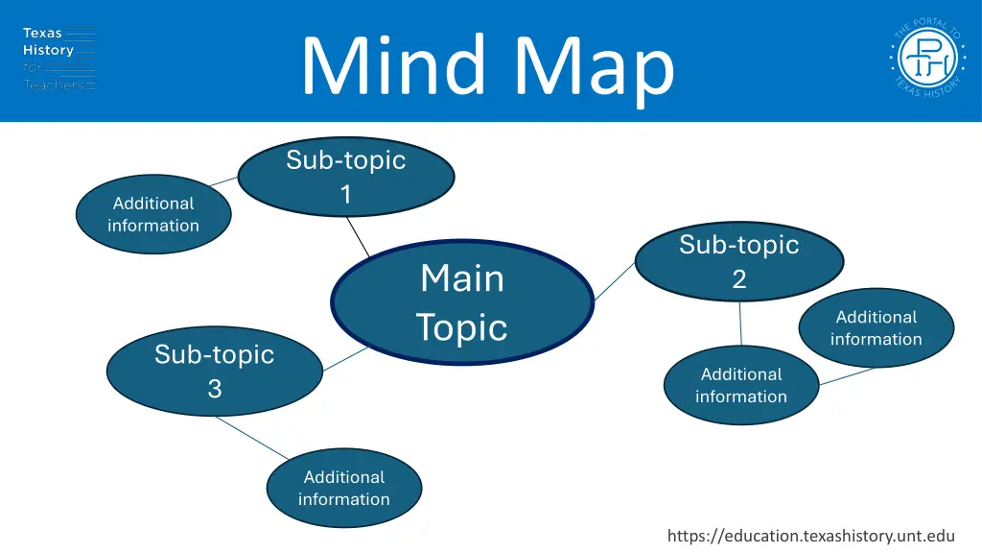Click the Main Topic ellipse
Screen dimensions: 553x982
[x=462, y=301]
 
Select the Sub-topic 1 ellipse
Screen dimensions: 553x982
[x=345, y=177]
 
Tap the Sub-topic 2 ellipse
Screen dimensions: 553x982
[x=738, y=261]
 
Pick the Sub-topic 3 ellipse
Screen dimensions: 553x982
[x=214, y=371]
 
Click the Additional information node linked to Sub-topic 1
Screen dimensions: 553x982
[x=152, y=214]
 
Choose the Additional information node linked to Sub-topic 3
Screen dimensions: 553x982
[x=343, y=488]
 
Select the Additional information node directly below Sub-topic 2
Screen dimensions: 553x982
[x=740, y=385]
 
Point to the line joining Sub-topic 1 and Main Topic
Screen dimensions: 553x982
[x=357, y=236]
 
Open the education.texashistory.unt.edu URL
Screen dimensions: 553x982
[x=810, y=537]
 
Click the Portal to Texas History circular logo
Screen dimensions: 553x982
[x=925, y=60]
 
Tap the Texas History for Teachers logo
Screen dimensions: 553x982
[x=58, y=60]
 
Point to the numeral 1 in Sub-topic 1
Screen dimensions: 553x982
[x=345, y=194]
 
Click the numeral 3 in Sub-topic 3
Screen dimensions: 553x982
[x=215, y=388]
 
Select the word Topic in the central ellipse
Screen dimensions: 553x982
[x=461, y=327]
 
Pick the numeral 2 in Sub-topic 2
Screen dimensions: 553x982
[x=738, y=278]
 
